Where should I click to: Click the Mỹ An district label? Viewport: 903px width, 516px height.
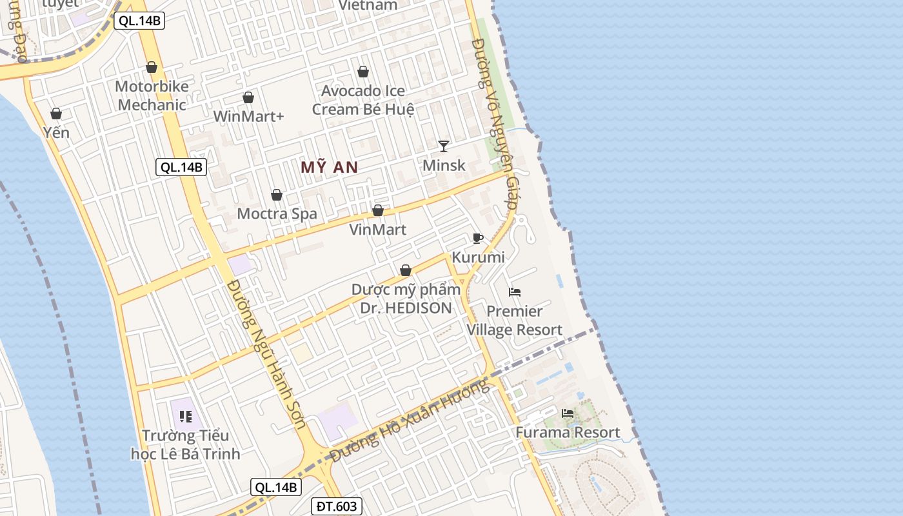click(x=329, y=167)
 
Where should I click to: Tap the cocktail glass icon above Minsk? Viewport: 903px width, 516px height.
click(x=443, y=146)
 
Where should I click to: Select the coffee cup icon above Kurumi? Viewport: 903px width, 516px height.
click(x=477, y=238)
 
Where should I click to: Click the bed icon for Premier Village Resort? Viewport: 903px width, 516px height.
click(x=514, y=292)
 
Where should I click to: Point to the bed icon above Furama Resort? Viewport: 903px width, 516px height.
click(x=568, y=413)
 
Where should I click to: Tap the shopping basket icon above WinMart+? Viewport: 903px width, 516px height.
click(x=248, y=97)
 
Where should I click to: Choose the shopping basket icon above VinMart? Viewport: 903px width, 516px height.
click(x=378, y=210)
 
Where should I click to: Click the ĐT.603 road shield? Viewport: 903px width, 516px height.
click(x=336, y=506)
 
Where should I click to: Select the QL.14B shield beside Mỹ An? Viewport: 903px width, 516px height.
click(x=181, y=168)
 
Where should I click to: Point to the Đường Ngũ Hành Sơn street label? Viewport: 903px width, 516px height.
click(x=266, y=355)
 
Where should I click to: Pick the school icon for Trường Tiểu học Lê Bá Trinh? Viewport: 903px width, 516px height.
click(x=186, y=416)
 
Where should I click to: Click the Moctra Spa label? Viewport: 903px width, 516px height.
click(x=277, y=213)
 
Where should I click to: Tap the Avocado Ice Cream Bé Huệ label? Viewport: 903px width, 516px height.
click(x=363, y=100)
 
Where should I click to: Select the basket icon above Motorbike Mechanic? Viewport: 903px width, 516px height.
click(x=152, y=67)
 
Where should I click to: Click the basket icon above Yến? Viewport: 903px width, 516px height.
click(x=56, y=114)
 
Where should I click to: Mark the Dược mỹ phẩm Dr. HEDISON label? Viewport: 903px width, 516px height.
click(x=406, y=299)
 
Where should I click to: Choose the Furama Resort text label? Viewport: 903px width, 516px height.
click(x=568, y=432)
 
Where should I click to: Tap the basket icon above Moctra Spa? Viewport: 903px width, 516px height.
click(x=277, y=195)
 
